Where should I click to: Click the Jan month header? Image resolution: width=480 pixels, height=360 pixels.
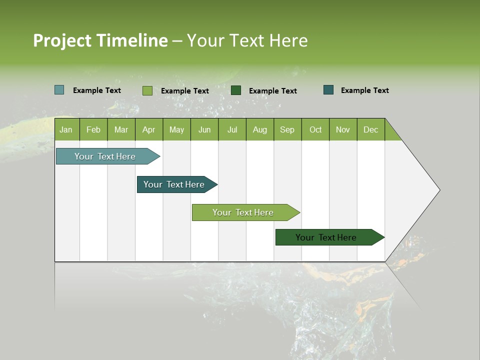click(66, 129)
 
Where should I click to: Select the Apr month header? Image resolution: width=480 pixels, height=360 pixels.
click(148, 129)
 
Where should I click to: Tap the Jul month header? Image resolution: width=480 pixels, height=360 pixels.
click(232, 129)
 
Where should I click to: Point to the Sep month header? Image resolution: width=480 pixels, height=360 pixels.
click(287, 129)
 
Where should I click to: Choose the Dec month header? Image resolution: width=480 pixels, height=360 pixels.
click(370, 129)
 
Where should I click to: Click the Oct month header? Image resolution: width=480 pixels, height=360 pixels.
click(315, 129)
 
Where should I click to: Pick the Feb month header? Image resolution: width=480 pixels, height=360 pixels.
click(93, 129)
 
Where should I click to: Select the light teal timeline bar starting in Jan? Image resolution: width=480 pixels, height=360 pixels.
click(105, 156)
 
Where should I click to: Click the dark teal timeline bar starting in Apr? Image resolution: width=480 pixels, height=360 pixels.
click(174, 184)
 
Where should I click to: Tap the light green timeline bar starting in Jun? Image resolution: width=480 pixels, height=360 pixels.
click(243, 212)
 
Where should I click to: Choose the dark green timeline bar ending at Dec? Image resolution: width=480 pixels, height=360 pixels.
click(326, 237)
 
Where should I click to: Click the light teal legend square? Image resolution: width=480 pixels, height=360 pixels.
click(59, 90)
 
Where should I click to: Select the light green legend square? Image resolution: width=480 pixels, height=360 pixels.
click(147, 90)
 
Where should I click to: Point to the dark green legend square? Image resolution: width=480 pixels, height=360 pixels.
click(236, 90)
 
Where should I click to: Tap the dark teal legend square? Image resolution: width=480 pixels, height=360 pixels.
click(328, 90)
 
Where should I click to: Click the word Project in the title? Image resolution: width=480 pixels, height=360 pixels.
click(62, 40)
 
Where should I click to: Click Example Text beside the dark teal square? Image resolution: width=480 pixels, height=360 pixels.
click(364, 90)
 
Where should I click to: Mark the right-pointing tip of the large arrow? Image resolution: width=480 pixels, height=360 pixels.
click(439, 190)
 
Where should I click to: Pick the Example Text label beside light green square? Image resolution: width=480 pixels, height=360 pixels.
click(184, 91)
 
